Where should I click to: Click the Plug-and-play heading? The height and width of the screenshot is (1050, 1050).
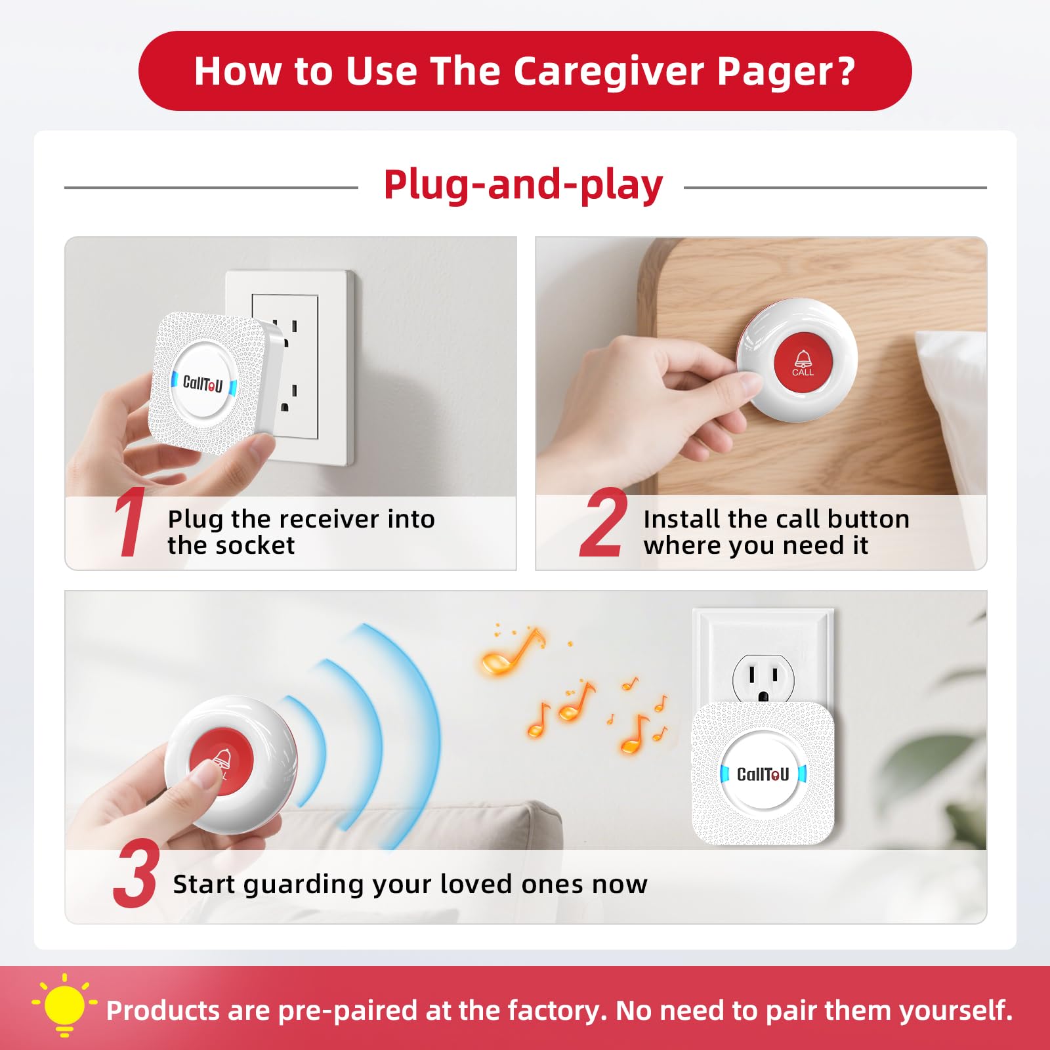(523, 185)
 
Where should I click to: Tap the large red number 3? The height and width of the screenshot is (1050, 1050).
(136, 875)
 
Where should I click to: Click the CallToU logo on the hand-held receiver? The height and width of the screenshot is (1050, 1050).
(203, 383)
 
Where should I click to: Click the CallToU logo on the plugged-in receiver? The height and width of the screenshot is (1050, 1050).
(763, 774)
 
